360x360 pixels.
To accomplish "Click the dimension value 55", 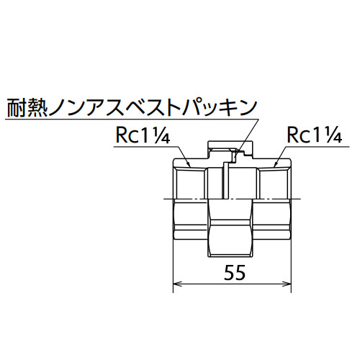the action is click(235, 273).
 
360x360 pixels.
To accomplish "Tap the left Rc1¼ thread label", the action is click(143, 135).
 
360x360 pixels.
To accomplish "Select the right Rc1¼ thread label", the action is click(315, 135).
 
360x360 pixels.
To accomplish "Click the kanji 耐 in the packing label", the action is click(17, 107).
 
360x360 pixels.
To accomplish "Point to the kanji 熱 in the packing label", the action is click(37, 107).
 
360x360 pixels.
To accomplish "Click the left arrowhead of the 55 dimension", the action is click(177, 284).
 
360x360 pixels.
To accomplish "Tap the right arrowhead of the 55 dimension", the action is click(287, 284).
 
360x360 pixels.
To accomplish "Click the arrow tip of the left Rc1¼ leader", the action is click(190, 166).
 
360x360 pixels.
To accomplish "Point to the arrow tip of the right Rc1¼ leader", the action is click(274, 166).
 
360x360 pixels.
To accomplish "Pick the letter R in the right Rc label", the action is click(292, 135).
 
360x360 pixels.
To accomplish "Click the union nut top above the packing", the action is click(230, 145).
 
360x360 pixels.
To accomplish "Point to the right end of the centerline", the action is click(301, 199).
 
